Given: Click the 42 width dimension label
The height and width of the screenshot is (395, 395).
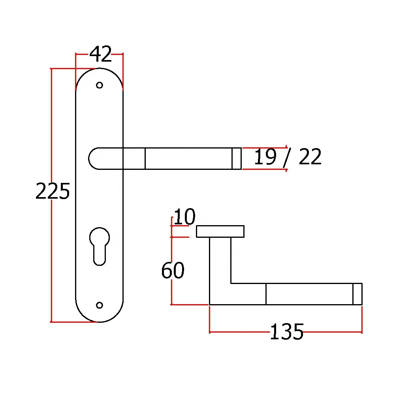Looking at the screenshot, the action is (100, 54).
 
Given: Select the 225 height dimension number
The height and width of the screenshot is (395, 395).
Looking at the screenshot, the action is (53, 191).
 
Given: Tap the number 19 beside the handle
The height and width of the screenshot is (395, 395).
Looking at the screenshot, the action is (265, 156).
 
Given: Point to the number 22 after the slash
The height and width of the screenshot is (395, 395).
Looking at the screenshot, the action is (310, 156).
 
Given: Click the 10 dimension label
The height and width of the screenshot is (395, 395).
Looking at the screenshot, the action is (184, 216).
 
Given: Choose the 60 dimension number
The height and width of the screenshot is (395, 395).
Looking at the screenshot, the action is (173, 270).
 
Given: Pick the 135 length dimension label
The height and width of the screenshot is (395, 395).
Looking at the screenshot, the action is (287, 331).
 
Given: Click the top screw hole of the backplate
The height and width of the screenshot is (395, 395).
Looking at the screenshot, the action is (100, 85).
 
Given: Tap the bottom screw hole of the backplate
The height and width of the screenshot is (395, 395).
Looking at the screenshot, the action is (100, 305).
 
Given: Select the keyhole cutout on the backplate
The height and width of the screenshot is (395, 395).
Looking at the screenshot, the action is (100, 246).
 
